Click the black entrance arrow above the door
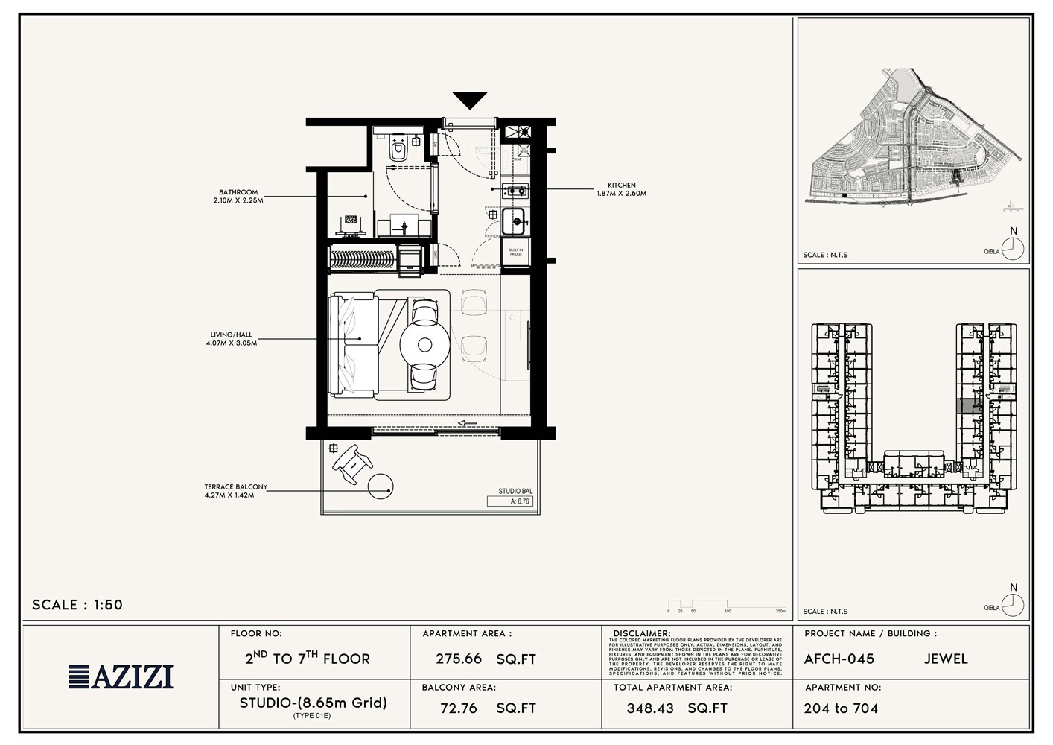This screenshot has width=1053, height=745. tap(470, 100)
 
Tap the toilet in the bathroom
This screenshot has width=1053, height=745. tap(398, 150)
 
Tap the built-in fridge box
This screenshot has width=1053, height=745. tap(516, 253)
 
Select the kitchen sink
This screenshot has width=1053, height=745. tap(514, 221)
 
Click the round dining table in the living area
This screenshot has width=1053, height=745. tap(424, 345)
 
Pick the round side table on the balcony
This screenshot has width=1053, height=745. tap(381, 486)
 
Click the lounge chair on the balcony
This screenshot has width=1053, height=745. tap(352, 463)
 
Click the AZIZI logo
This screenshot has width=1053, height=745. tap(121, 676)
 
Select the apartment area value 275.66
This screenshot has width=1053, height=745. tap(459, 659)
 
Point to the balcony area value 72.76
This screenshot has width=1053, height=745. tap(459, 708)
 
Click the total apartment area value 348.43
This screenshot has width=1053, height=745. tap(649, 708)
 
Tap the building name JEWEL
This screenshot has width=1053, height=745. tap(946, 659)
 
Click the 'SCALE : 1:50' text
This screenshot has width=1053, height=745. tap(77, 605)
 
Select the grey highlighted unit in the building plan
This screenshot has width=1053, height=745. tap(968, 406)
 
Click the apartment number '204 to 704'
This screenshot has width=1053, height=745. tap(841, 708)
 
